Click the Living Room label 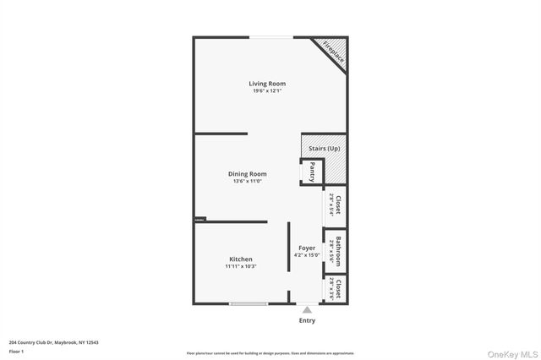coord(267,84)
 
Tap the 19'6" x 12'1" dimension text coord(267,91)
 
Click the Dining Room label coord(247,174)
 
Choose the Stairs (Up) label coord(324,149)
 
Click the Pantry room coord(311,172)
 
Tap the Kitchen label coord(241,259)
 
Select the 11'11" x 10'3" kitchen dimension coord(241,266)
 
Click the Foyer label coord(306,248)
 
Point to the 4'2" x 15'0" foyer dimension coord(306,255)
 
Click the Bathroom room coord(335,251)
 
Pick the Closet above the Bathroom coord(335,205)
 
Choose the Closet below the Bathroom coord(336,289)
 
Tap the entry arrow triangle coord(306,310)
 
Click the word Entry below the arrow coord(307,321)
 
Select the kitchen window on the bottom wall coord(249,303)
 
